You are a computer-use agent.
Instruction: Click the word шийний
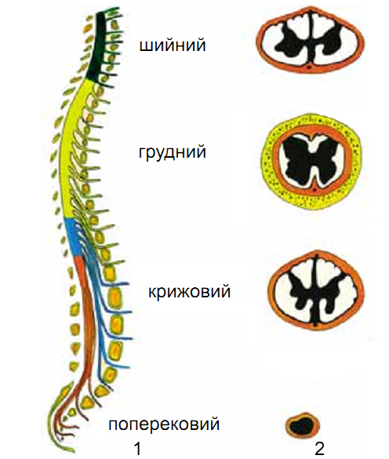tap(173, 46)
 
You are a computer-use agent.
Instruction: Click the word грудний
tap(173, 152)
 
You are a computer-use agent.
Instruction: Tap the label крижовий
tap(189, 292)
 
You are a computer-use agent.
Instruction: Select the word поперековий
tap(164, 424)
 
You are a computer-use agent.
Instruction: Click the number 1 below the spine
tap(137, 449)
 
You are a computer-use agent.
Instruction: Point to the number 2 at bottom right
tap(319, 449)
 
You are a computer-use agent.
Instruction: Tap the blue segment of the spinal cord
tap(73, 237)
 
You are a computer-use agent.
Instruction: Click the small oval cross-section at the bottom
tap(303, 425)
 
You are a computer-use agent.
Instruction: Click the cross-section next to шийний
tap(311, 39)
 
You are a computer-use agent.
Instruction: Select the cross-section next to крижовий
tap(316, 290)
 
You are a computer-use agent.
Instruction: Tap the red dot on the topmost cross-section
tap(310, 67)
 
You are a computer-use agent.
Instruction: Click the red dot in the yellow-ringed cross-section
tap(314, 190)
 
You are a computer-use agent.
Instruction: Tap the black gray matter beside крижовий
tap(315, 296)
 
